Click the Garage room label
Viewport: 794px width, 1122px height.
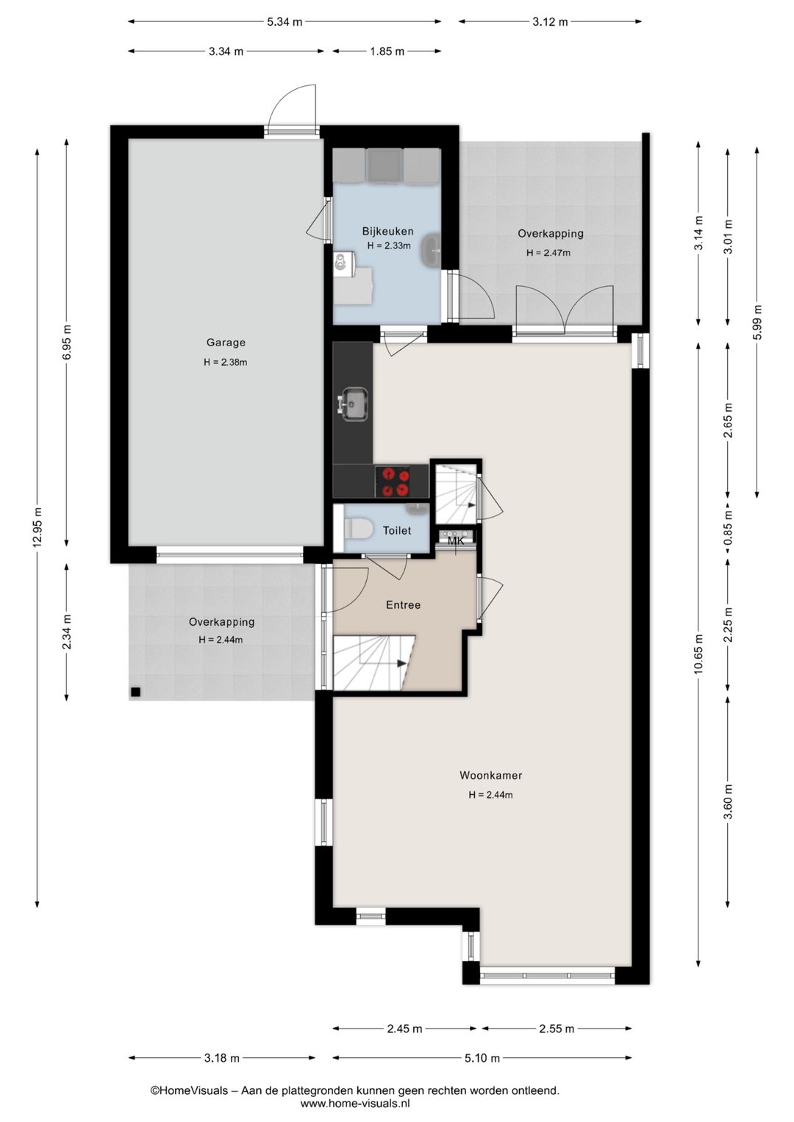pyautogui.click(x=226, y=343)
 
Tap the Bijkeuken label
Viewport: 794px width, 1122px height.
pyautogui.click(x=387, y=232)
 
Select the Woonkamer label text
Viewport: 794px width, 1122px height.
pyautogui.click(x=490, y=776)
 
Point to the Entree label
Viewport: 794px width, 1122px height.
pyautogui.click(x=403, y=604)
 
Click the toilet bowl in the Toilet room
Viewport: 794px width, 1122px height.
pyautogui.click(x=358, y=528)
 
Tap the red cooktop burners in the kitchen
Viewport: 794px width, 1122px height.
pyautogui.click(x=393, y=482)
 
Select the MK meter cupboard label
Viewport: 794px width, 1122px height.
pyautogui.click(x=455, y=541)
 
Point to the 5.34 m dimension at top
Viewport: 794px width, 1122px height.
pyautogui.click(x=285, y=21)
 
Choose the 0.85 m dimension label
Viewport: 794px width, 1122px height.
pyautogui.click(x=729, y=528)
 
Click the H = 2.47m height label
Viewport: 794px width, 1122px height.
pyautogui.click(x=548, y=253)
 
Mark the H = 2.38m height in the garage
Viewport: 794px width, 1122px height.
pyautogui.click(x=226, y=362)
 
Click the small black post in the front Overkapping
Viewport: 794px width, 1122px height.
pyautogui.click(x=135, y=692)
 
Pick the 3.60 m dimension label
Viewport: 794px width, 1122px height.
pyautogui.click(x=729, y=801)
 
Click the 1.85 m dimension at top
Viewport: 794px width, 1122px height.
pyautogui.click(x=387, y=51)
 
